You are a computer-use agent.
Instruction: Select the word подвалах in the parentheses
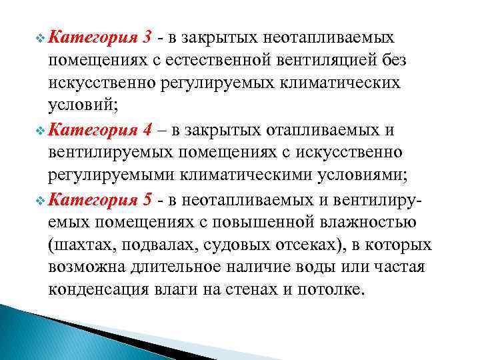click(x=151, y=245)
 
